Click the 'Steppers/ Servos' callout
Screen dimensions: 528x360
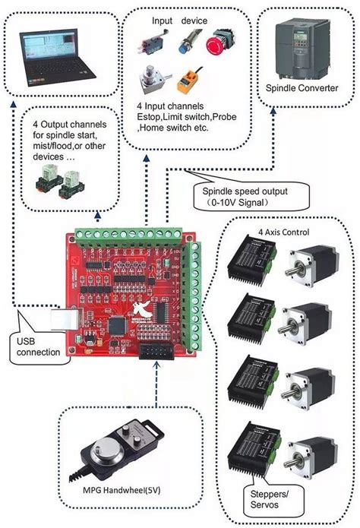coord(263,498)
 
